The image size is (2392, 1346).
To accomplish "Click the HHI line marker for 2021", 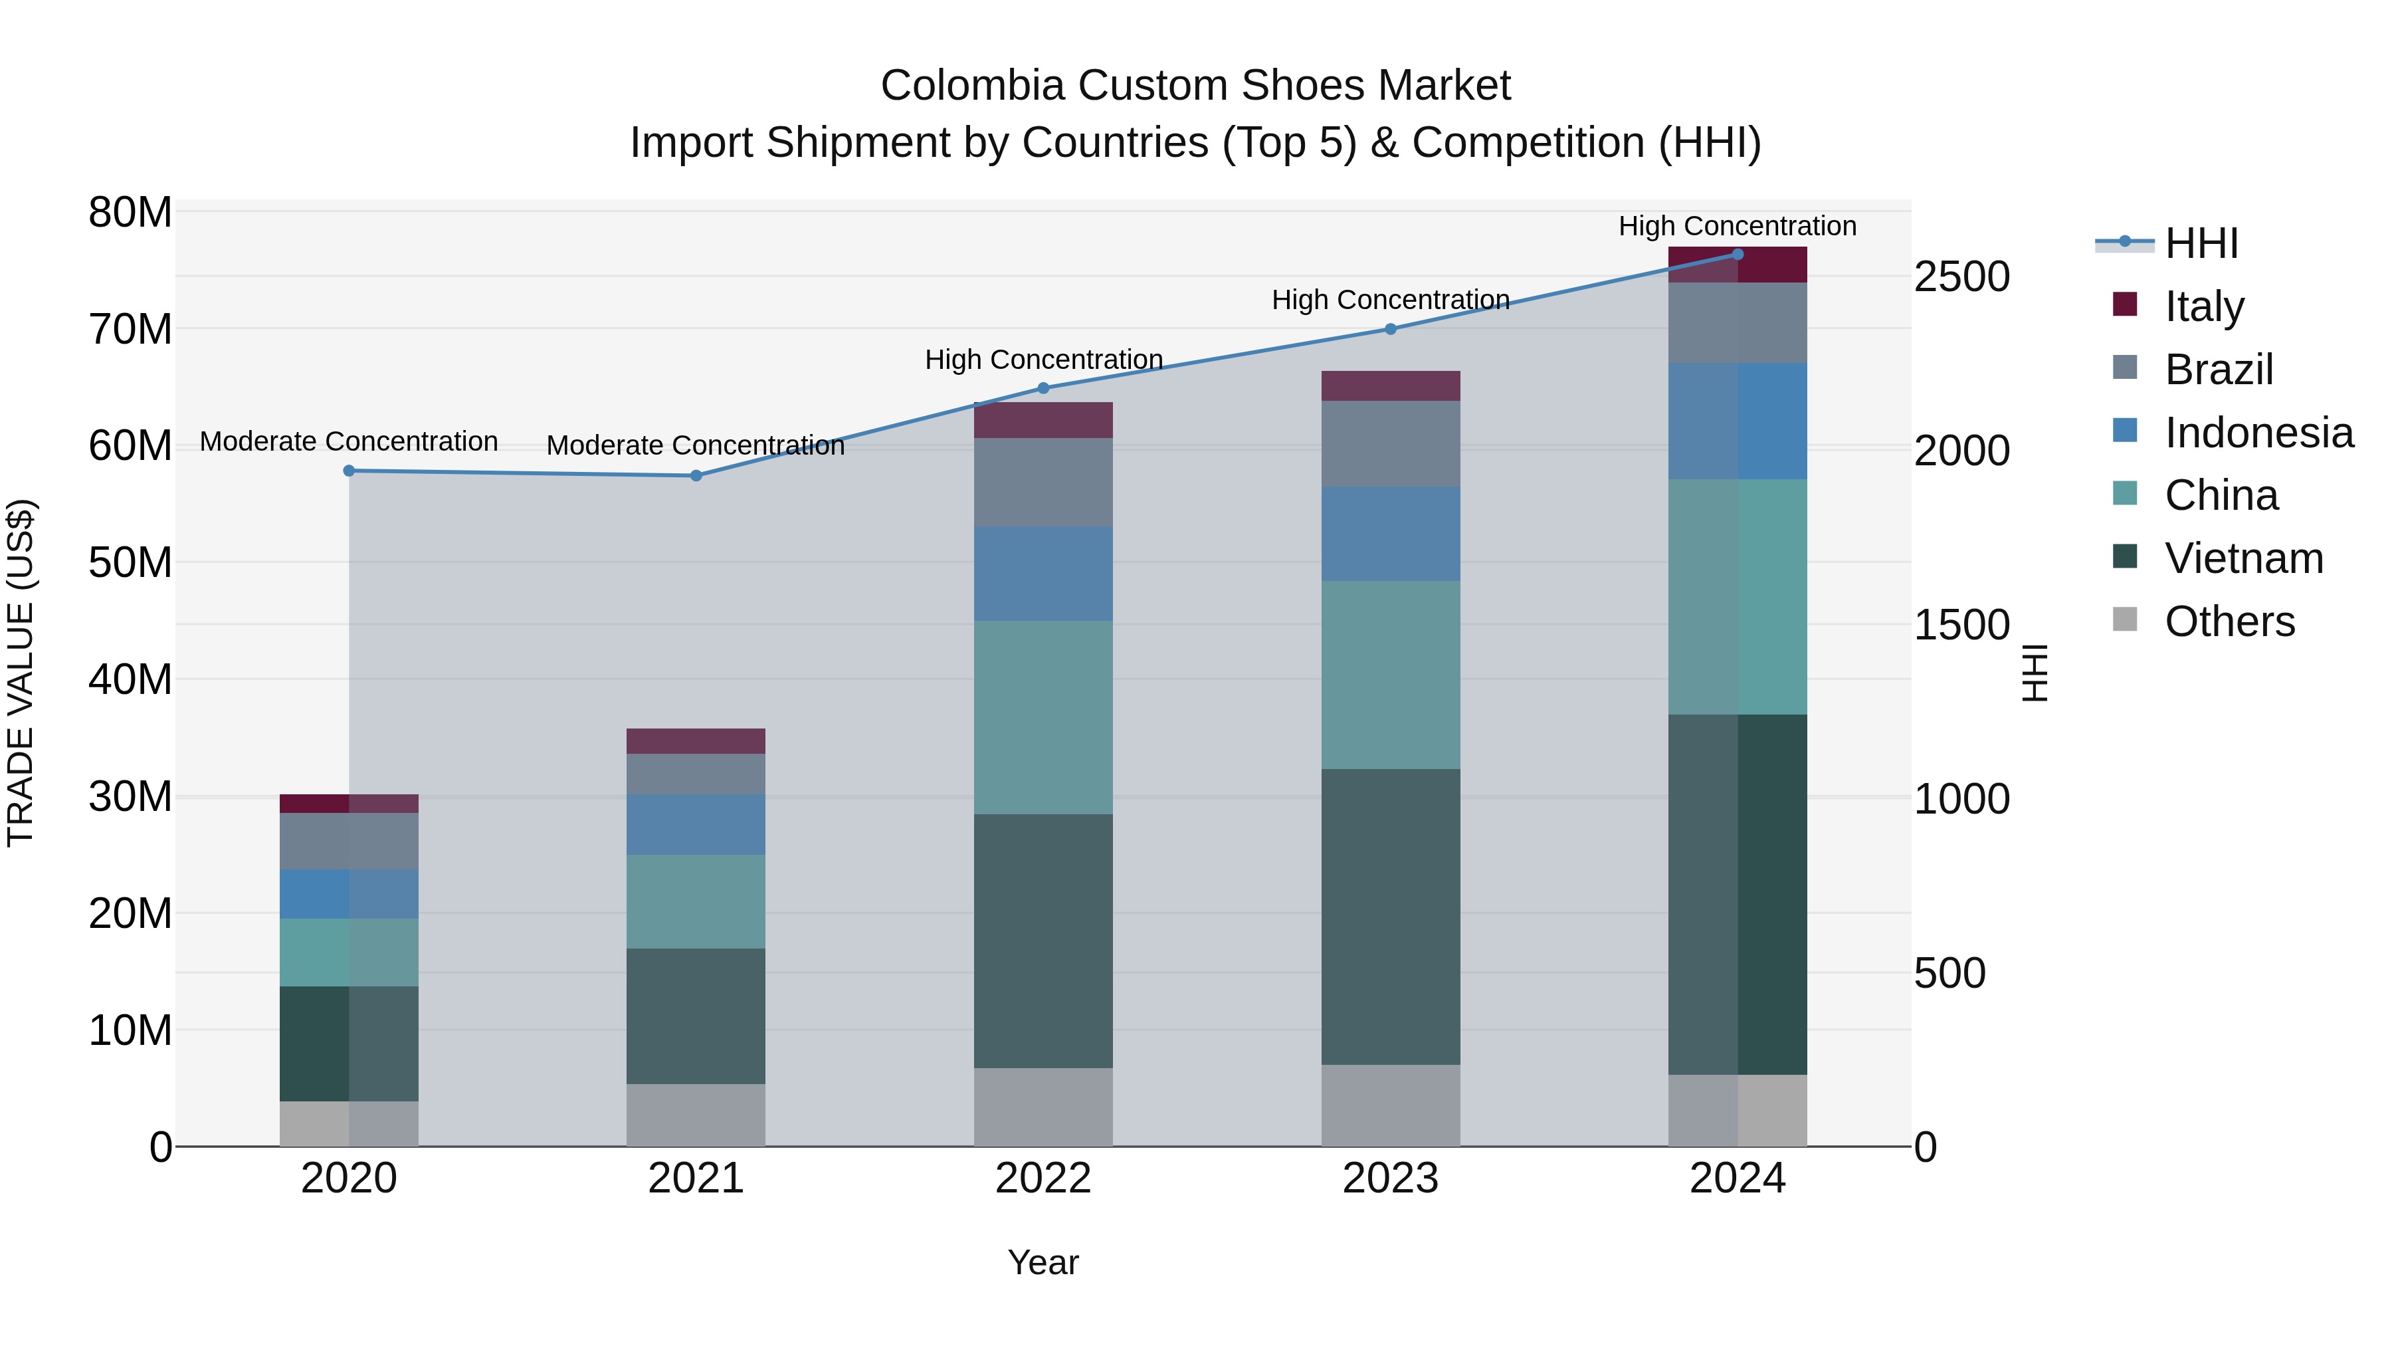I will point(696,476).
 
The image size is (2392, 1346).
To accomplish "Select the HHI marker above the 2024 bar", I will point(1738,255).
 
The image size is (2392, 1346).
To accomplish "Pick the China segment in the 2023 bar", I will point(1390,675).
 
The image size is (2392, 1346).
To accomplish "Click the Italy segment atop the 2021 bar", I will point(696,741).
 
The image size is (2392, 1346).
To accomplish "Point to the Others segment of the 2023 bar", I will point(1390,1105).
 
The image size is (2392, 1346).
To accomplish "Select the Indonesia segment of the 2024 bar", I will point(1738,421).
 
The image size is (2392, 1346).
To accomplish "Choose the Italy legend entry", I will point(2203,306).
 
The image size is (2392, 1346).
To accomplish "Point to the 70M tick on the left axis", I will point(130,329).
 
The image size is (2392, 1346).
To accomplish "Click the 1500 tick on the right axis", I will point(1961,625).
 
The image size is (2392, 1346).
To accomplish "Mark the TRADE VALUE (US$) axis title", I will point(21,673).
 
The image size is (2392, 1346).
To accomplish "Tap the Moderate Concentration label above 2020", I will point(348,441).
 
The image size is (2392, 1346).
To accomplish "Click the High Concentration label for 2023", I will point(1390,300).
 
